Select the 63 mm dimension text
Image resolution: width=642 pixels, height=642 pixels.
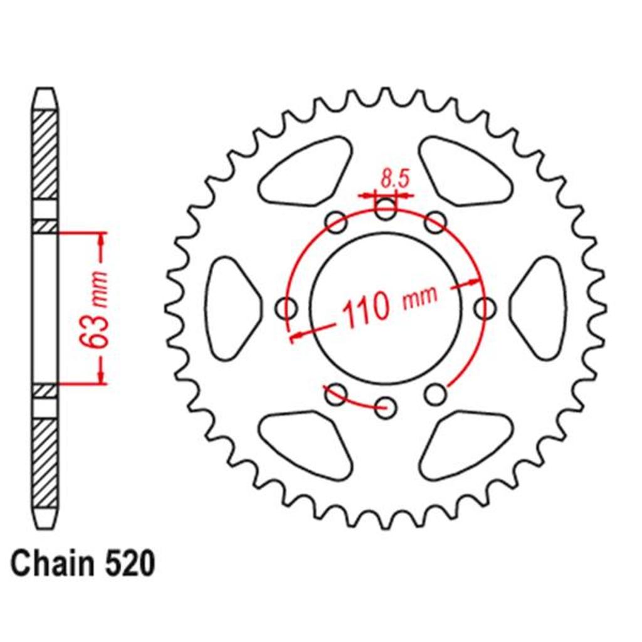pos(93,308)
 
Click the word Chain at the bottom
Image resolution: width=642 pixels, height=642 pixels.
pos(53,564)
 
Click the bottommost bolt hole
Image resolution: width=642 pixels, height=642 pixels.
pos(386,407)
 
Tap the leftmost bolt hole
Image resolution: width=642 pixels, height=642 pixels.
pos(286,308)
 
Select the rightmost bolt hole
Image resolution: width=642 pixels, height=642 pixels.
pos(485,308)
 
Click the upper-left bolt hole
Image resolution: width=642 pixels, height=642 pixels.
pos(336,222)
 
